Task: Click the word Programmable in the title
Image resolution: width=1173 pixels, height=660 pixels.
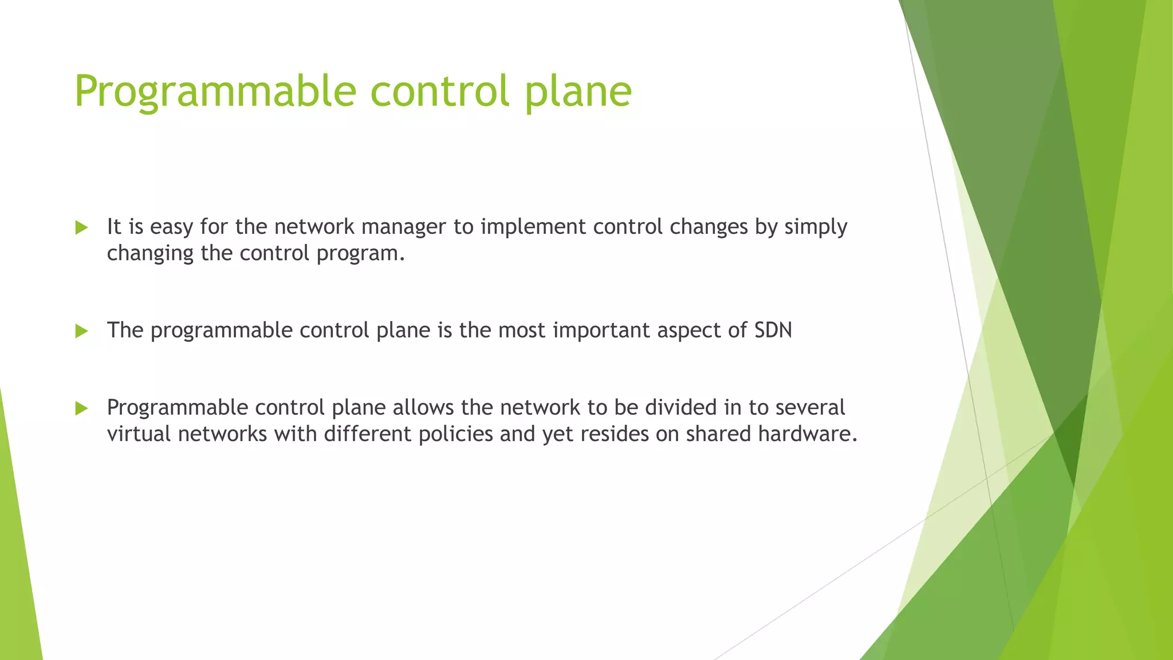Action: click(x=215, y=92)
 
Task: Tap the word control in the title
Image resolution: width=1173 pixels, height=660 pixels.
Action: click(x=440, y=92)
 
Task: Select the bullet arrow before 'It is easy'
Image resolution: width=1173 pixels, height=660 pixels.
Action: click(x=81, y=228)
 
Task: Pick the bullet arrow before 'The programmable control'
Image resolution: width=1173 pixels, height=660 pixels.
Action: click(x=81, y=331)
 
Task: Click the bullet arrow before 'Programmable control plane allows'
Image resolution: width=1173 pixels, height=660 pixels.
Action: click(x=81, y=408)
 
